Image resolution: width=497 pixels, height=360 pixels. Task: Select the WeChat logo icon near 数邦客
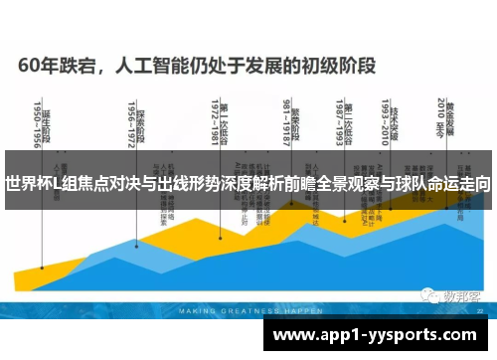(x=427, y=295)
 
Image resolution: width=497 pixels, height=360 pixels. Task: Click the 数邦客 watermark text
(x=460, y=295)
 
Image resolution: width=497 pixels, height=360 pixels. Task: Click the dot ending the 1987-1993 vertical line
(x=344, y=220)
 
